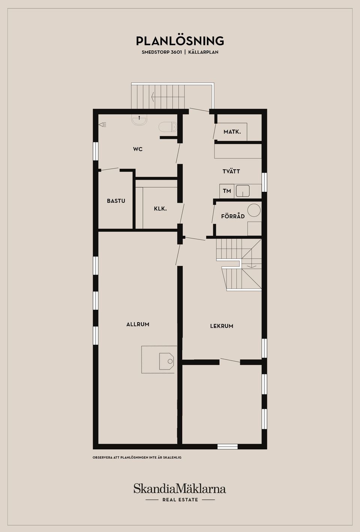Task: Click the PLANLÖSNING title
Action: (x=180, y=41)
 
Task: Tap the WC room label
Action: (x=138, y=149)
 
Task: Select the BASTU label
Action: (x=116, y=201)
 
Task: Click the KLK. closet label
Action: (x=160, y=209)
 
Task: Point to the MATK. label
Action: (x=232, y=132)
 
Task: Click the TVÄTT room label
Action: (x=231, y=171)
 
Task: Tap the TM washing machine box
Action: (x=227, y=191)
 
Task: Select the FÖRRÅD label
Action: (x=233, y=217)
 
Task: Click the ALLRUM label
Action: (x=138, y=324)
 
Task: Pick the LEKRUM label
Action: (x=222, y=326)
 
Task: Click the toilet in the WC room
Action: (x=168, y=127)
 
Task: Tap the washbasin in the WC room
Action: (x=139, y=120)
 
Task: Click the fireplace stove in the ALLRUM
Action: (x=166, y=361)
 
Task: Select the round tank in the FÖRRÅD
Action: (x=254, y=210)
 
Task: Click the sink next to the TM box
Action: (x=242, y=191)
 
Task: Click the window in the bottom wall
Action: (x=228, y=447)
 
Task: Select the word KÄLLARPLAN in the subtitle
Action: (x=203, y=52)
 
